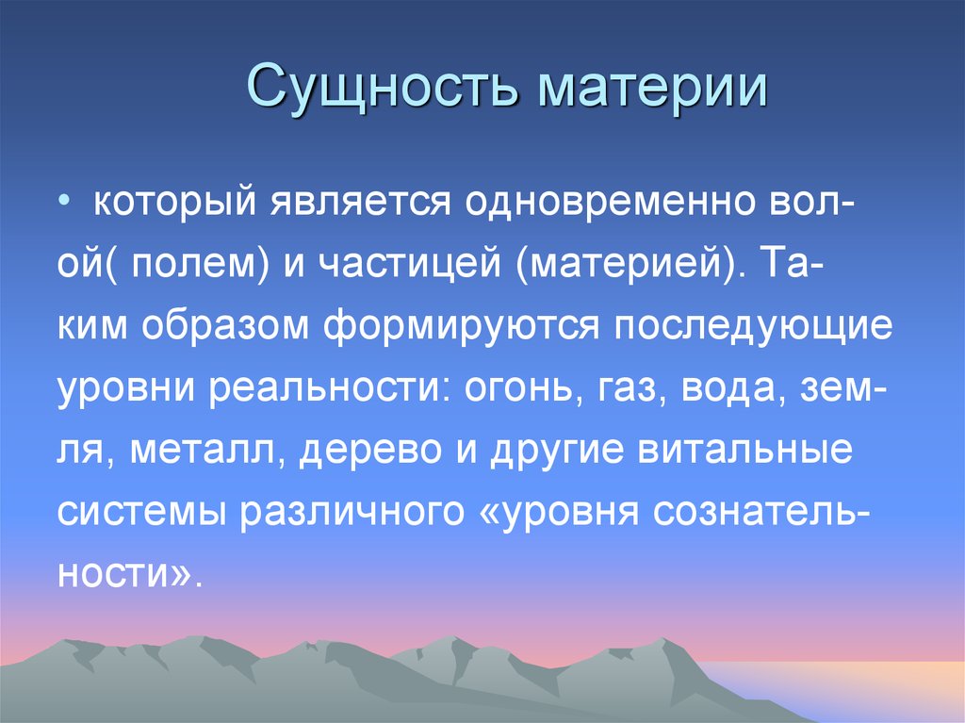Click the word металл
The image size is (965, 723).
click(x=209, y=450)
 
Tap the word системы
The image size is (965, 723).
click(x=141, y=511)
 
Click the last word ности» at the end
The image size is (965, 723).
click(x=128, y=573)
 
